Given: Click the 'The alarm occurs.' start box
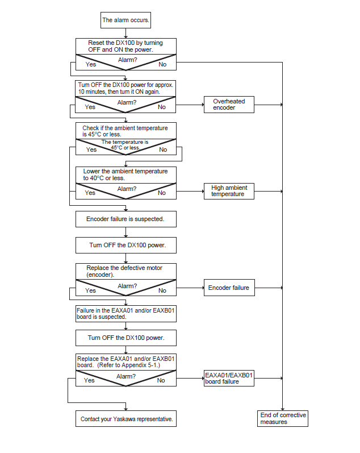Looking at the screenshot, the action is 125,20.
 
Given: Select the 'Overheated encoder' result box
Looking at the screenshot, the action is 229,105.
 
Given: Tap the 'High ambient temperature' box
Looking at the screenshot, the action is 229,191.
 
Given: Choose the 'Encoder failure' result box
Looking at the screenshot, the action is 229,288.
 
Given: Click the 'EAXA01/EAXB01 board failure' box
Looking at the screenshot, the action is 229,378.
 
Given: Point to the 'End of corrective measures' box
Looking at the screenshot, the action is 283,418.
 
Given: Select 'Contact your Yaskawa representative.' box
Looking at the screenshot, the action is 126,419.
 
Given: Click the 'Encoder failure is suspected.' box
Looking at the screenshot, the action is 126,219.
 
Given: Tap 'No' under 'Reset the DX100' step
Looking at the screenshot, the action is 162,64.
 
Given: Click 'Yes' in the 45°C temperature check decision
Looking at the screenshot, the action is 91,149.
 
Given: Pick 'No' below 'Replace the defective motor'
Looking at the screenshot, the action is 162,290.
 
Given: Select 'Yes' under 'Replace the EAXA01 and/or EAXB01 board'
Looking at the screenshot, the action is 89,380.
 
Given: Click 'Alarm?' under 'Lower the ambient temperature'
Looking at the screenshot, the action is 127,189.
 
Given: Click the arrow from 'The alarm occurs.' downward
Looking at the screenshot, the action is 125,33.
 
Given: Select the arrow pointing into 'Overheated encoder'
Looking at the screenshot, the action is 190,105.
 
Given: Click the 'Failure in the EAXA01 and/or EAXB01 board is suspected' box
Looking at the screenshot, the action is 126,314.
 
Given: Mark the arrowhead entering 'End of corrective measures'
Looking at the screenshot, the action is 282,409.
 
